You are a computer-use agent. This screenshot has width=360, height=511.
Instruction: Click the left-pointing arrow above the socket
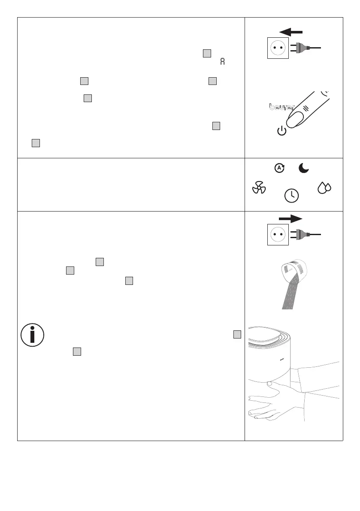(290, 31)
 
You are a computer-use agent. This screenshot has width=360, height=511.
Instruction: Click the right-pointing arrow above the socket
(290, 219)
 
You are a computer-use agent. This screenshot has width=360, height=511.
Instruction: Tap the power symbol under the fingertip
(281, 131)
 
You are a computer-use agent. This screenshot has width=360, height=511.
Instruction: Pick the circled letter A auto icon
(279, 168)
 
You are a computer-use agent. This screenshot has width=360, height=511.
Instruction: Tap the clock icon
(292, 195)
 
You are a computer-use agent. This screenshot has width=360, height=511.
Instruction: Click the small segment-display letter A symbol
(222, 61)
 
